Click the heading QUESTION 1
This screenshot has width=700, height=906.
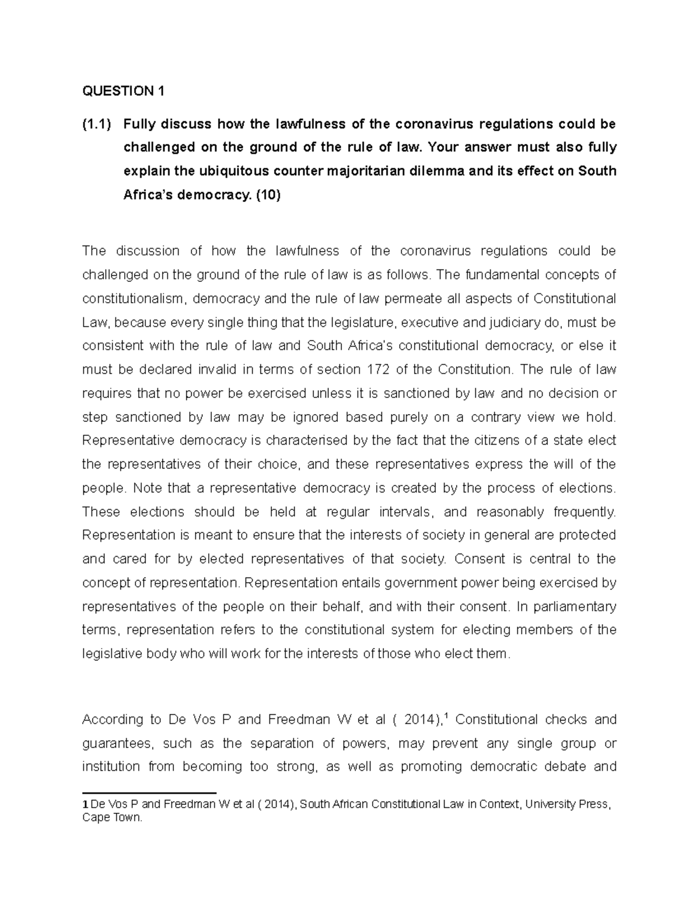coord(124,91)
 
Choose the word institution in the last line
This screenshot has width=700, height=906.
coord(111,767)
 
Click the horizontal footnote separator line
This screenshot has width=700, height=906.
coord(149,793)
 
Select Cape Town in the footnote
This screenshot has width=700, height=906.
coord(112,818)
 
